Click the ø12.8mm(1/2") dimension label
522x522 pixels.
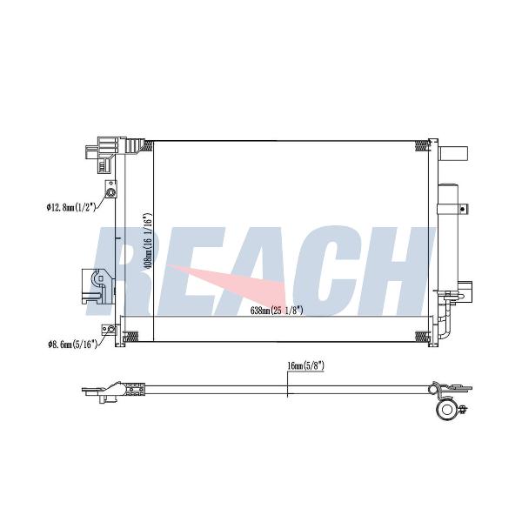(x=71, y=207)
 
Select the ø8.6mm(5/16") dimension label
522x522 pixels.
(x=72, y=345)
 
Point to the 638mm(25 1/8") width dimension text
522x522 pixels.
(x=277, y=311)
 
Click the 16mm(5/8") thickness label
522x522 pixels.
(x=305, y=366)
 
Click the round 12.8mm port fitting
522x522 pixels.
(x=110, y=192)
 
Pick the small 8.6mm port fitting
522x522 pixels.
(x=111, y=330)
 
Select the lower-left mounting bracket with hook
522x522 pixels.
(x=97, y=286)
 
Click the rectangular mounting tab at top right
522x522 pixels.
(x=453, y=154)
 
